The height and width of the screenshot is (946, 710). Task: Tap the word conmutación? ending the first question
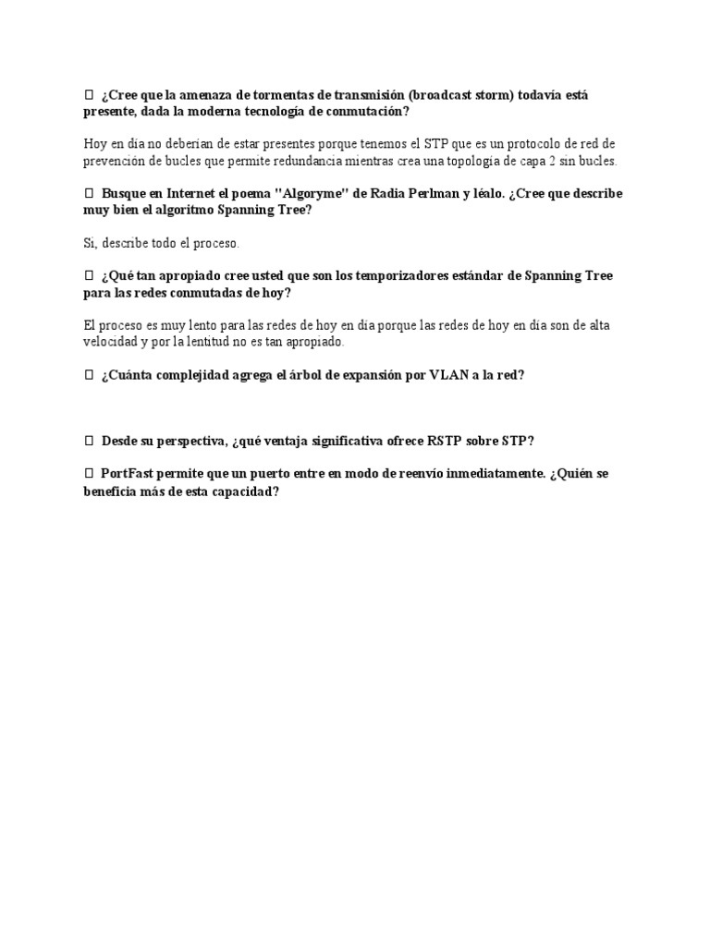(361, 111)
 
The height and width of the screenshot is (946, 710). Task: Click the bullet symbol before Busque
(89, 194)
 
